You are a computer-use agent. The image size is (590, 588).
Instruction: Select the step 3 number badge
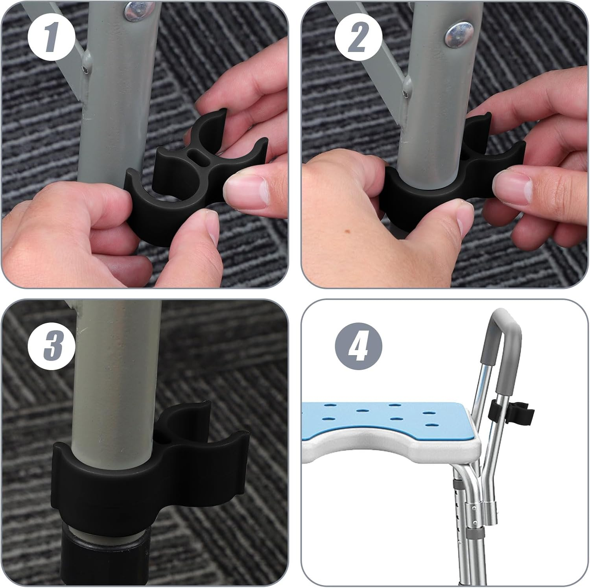click(51, 345)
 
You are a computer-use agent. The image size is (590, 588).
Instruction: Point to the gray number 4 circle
click(358, 345)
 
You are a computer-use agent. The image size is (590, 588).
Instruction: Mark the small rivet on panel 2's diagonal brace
click(405, 93)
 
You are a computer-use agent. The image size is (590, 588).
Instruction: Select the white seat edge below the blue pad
click(393, 448)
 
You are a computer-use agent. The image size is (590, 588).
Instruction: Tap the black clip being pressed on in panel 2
click(452, 181)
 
